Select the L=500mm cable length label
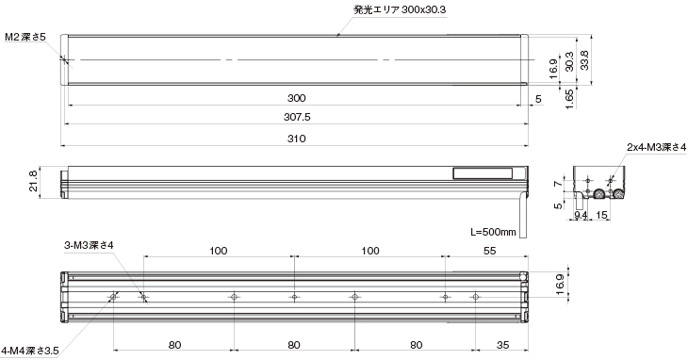click(x=493, y=231)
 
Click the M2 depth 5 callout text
click(x=25, y=36)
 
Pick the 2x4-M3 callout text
click(x=656, y=147)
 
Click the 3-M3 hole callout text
click(x=89, y=245)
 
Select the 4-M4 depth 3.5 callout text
click(x=29, y=351)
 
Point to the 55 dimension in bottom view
click(x=488, y=251)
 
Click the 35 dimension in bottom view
click(x=502, y=344)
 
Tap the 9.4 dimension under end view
click(x=582, y=216)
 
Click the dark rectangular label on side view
click(x=483, y=173)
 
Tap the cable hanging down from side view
click(x=524, y=212)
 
